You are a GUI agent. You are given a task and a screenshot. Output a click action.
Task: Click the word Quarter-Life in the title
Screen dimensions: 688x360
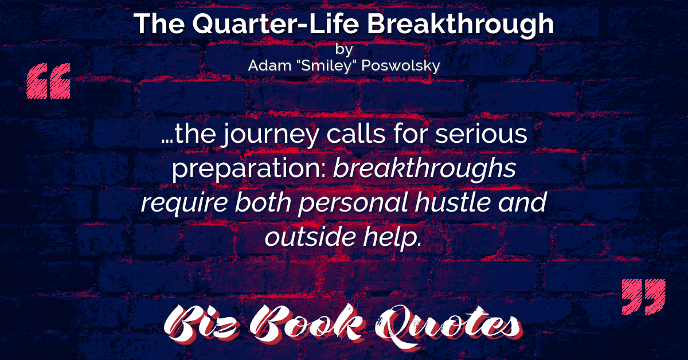pos(276,24)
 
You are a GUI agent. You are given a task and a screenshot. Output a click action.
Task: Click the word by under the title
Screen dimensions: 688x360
pos(344,49)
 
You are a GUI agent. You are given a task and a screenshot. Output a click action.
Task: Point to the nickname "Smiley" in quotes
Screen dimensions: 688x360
pos(326,66)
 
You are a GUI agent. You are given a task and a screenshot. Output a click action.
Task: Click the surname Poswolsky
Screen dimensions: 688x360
pos(401,66)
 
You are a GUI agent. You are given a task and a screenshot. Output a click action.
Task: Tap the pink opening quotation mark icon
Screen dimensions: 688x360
pos(49,81)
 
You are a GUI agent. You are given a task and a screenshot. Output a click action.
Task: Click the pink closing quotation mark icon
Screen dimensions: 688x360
pos(644,297)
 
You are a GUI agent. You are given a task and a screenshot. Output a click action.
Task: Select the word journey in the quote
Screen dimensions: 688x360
pos(270,135)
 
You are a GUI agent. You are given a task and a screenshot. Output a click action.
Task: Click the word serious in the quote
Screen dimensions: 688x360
pos(481,134)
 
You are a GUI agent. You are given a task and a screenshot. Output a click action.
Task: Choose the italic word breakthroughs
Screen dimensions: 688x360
pos(425,168)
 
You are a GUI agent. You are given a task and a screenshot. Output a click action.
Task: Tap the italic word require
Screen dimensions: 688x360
pos(184,204)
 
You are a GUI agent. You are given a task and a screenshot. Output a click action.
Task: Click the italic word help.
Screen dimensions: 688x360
pos(393,237)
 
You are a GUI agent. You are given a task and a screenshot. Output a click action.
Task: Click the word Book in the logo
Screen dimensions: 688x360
pos(307,323)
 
